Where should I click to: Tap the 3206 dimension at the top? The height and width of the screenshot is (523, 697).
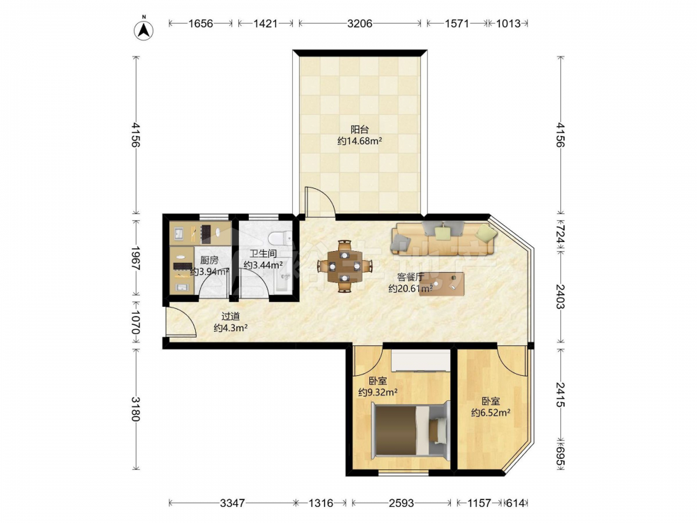click(x=360, y=23)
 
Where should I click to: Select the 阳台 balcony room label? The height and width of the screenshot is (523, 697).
click(x=360, y=130)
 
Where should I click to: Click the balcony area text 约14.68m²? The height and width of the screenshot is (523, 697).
click(x=360, y=142)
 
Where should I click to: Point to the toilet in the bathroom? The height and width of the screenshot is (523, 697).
click(x=280, y=238)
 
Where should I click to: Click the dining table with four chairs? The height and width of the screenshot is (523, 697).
click(x=344, y=266)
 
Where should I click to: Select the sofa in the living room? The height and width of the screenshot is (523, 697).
click(x=443, y=238)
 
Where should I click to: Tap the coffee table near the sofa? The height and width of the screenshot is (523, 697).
click(x=441, y=284)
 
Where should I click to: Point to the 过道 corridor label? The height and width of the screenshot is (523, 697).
click(x=231, y=317)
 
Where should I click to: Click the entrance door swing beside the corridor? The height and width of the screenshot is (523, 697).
click(x=181, y=321)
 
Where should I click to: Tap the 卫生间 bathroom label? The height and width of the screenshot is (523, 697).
click(x=263, y=254)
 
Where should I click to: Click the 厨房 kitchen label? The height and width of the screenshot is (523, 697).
click(x=209, y=260)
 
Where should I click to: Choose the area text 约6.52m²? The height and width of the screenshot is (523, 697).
click(x=491, y=413)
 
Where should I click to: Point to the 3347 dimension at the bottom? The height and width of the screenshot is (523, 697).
click(x=233, y=503)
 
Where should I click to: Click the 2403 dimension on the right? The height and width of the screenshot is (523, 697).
click(x=560, y=297)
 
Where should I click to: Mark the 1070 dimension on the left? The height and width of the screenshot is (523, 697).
click(x=136, y=323)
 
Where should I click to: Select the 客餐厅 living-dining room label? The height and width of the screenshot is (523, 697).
click(x=411, y=277)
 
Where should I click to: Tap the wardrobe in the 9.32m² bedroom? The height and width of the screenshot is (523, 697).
click(x=420, y=361)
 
